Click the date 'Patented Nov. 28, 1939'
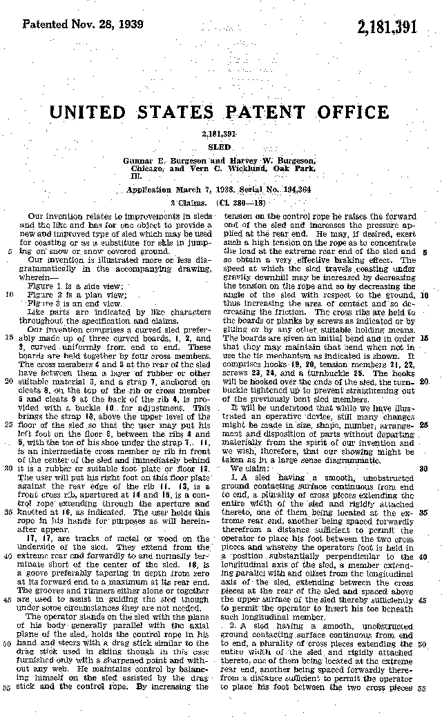83,24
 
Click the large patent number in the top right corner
387,28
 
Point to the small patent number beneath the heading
220,132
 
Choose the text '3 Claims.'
188,203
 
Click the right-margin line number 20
423,381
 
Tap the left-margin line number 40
8,556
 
